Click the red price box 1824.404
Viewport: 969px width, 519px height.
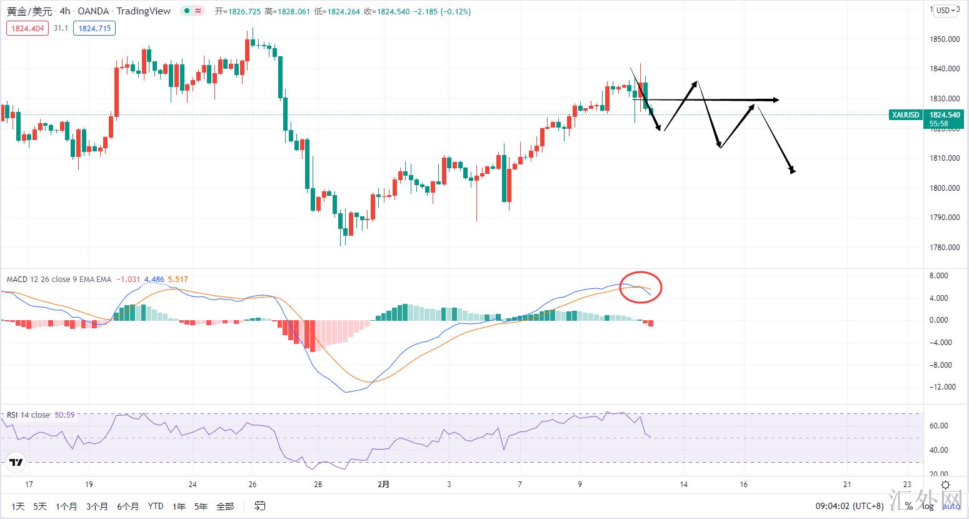point(28,28)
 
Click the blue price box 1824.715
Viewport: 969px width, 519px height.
point(94,28)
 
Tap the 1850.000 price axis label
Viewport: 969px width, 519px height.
point(945,39)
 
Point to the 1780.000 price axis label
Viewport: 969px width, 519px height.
point(945,248)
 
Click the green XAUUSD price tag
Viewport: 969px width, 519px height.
point(905,115)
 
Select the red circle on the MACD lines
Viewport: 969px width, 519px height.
point(641,288)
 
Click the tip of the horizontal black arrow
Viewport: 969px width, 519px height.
point(777,100)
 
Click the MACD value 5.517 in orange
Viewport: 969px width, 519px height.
point(178,280)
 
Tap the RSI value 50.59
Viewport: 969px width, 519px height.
point(64,415)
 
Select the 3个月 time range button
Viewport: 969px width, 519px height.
point(97,506)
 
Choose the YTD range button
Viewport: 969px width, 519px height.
point(156,506)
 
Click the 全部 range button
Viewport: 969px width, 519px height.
point(225,506)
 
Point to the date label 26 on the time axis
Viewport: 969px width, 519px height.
point(252,485)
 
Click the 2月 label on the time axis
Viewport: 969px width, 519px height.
point(384,485)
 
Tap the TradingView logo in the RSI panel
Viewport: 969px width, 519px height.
point(16,463)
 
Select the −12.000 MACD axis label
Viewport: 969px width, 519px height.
point(944,387)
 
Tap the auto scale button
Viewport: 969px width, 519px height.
point(951,506)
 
